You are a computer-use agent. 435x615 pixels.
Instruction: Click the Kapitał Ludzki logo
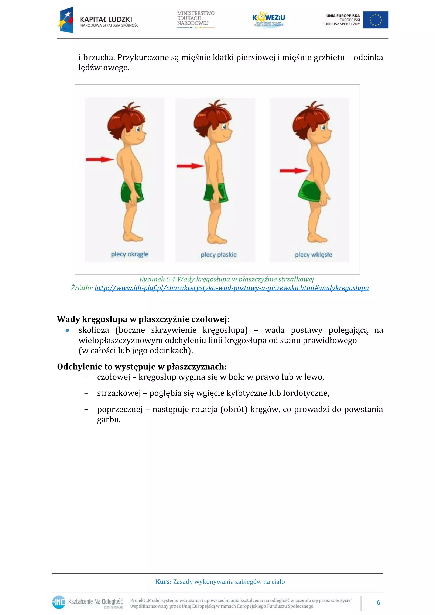[x=98, y=20]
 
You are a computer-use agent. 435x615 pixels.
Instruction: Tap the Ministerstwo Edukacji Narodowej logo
[x=196, y=19]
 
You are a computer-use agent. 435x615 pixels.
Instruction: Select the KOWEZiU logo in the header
[x=268, y=19]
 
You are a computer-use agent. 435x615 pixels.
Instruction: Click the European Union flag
[x=376, y=20]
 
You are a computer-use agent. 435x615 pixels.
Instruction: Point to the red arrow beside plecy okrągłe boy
[x=100, y=160]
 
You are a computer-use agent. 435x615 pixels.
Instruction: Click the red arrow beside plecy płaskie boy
[x=190, y=166]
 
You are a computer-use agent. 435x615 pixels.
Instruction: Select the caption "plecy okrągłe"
[x=130, y=254]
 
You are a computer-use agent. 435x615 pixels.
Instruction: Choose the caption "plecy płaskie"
[x=219, y=255]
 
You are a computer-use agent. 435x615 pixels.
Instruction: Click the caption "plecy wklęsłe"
[x=313, y=255]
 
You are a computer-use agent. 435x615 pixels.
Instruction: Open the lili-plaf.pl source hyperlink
[x=232, y=288]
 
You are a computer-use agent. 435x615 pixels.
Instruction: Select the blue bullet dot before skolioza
[x=67, y=330]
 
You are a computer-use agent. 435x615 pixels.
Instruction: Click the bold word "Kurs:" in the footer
[x=163, y=581]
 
